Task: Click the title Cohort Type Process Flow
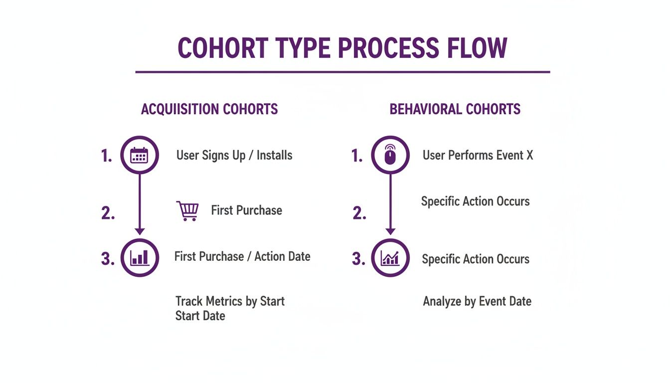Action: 342,49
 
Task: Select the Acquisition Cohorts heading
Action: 209,110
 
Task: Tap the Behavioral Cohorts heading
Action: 455,110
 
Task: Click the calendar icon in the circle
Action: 140,156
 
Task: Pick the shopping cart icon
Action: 187,210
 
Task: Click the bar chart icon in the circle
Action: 140,258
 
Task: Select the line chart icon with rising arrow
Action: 390,258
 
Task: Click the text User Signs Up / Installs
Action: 234,156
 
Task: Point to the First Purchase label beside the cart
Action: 246,210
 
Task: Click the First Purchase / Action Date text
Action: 242,257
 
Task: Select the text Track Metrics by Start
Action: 230,301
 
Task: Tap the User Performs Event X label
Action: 478,156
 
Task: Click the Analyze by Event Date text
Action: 477,301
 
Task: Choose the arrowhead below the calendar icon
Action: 140,231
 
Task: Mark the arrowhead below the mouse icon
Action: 390,231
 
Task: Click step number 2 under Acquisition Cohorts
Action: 108,213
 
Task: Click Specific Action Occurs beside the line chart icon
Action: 476,259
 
